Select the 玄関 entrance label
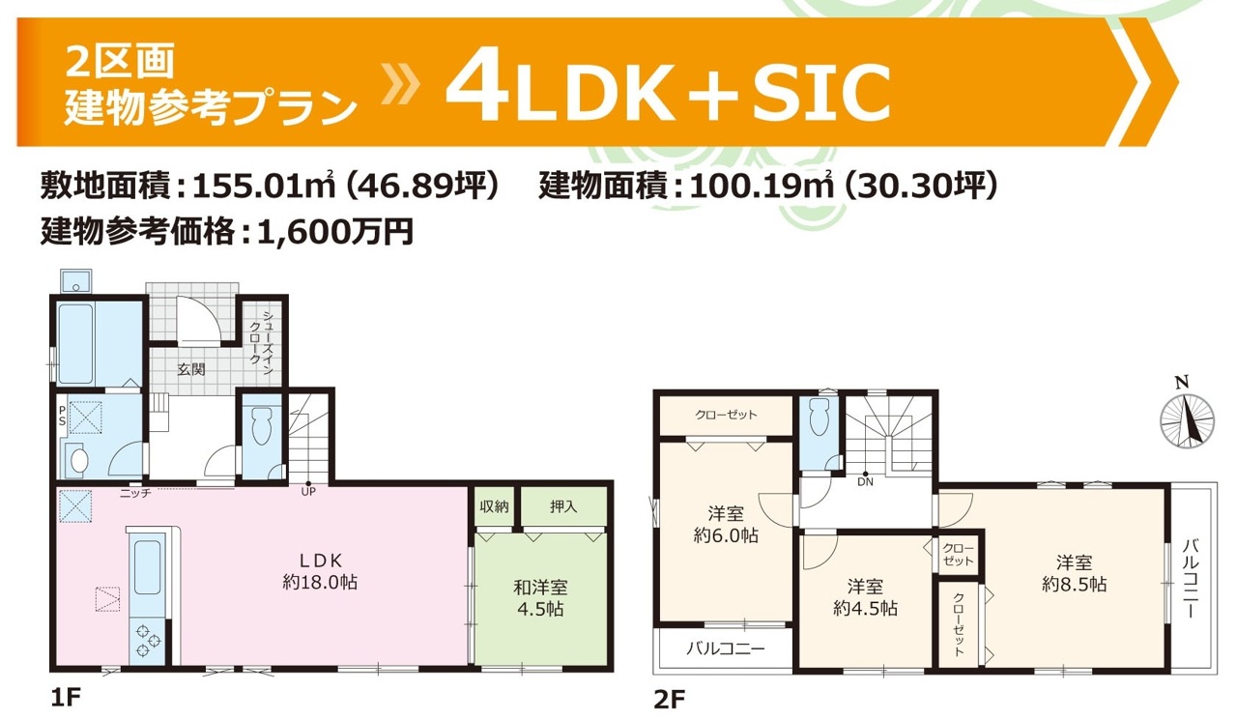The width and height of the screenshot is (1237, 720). (191, 369)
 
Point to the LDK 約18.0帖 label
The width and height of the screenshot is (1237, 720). (320, 571)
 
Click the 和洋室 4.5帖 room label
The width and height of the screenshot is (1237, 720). (540, 598)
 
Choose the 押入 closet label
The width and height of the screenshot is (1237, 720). (563, 506)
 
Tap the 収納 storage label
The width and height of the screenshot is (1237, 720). (494, 506)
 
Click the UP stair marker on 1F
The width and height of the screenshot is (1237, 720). (308, 491)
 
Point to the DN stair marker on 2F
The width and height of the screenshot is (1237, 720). (865, 481)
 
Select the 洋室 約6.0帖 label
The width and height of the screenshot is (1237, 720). (726, 525)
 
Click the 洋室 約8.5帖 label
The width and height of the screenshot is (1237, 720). (1074, 574)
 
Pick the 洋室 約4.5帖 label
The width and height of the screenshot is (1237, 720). (865, 597)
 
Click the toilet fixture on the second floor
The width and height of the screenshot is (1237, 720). (819, 417)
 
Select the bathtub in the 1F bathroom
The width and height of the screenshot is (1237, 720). (75, 343)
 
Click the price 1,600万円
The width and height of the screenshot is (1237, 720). (335, 232)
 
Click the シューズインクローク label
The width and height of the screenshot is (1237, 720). (261, 342)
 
